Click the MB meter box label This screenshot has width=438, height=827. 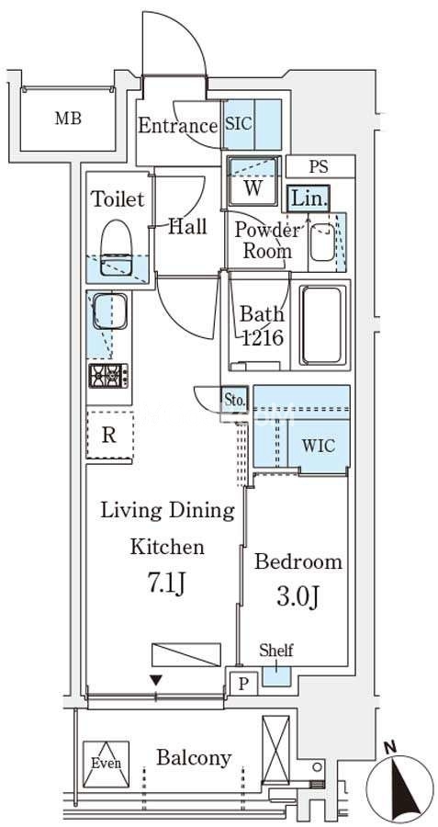pos(69,119)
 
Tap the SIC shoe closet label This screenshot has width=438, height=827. pos(239,123)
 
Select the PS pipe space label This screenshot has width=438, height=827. pos(319,166)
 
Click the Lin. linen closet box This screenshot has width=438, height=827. pos(309,198)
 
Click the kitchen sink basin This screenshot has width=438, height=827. pos(109,312)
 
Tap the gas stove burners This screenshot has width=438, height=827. pos(109,375)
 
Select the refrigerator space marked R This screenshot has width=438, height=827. pos(109,435)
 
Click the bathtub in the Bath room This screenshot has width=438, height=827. pos(322,325)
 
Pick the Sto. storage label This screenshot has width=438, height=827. pos(234,400)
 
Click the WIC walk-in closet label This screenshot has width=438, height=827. pos(319,445)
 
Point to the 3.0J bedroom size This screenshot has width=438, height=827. pos(297,596)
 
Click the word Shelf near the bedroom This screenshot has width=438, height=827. pos(276,651)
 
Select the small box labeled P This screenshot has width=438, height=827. pos(242,684)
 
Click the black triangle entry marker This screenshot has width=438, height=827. pos(155,680)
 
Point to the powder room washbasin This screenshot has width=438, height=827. pos(321,242)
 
